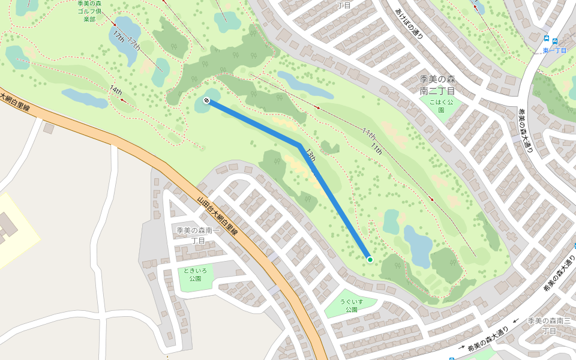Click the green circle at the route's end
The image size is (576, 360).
tap(370, 259)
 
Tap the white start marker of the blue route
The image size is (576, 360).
tap(206, 100)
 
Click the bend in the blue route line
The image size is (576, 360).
tap(298, 145)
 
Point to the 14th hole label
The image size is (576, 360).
tap(116, 91)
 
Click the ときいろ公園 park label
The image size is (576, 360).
tap(194, 275)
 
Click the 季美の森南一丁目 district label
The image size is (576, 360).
tap(199, 235)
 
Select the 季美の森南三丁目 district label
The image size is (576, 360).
tap(548, 326)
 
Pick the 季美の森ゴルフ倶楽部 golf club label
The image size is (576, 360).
tap(89, 11)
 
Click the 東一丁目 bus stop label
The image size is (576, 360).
tap(554, 50)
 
